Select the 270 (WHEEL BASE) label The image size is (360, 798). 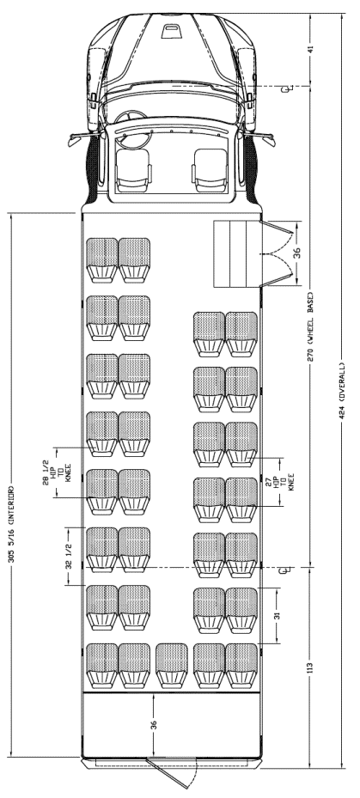coord(311,326)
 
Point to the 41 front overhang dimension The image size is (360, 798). coord(311,49)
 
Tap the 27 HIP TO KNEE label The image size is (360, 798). coord(284,481)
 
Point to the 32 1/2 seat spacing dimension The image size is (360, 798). coord(69,557)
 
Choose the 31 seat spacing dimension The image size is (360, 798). coord(278,615)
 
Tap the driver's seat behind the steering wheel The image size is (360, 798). coord(133,168)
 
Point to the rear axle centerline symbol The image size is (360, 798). coord(288,569)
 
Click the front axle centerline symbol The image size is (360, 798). coord(288,89)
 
